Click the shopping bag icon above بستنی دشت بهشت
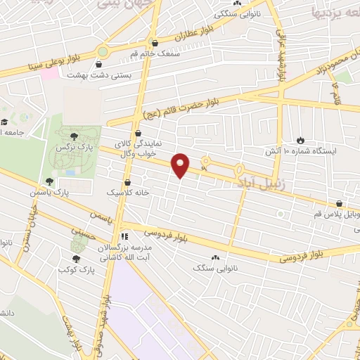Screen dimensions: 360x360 coord(146,61)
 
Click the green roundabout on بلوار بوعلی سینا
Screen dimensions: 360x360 coord(103,51)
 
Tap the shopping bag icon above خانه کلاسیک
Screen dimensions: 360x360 coord(127,181)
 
